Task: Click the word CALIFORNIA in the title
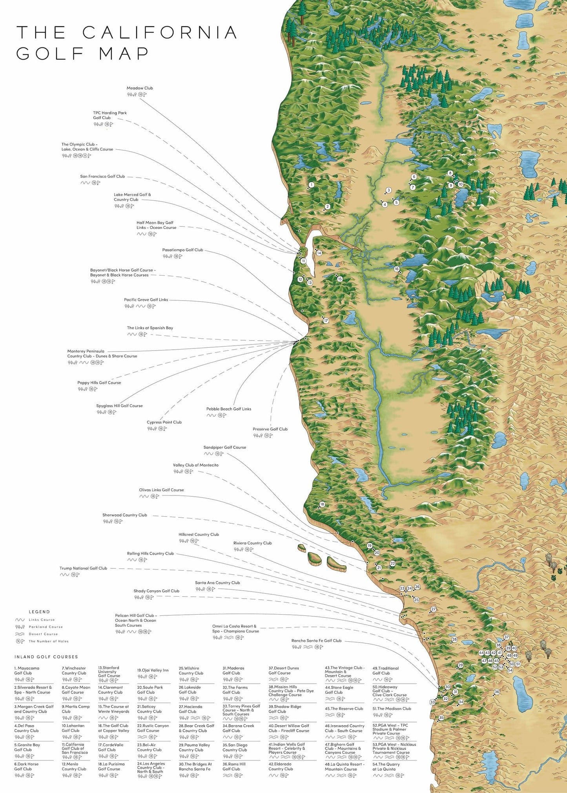coord(160,33)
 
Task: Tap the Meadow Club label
coord(140,88)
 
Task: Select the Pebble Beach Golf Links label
coord(229,409)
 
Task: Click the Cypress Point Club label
coord(164,422)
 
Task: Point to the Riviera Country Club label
coord(252,543)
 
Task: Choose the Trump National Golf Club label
coord(83,568)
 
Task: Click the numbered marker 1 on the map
coord(311,185)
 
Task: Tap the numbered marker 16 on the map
coord(397,269)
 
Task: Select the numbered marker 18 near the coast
coord(322,504)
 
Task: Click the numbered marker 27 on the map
coord(433,609)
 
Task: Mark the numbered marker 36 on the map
coord(497,692)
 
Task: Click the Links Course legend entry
coord(42,620)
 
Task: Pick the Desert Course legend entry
coord(43,634)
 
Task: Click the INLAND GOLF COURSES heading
coord(46,657)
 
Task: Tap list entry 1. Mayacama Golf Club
coord(27,671)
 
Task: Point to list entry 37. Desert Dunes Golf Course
coord(284,670)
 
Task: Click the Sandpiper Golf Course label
coord(224,447)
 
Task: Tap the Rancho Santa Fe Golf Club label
coord(316,641)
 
